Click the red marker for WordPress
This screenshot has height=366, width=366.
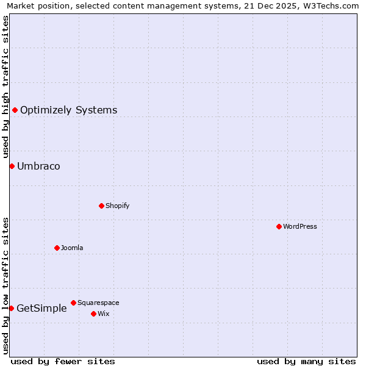click(x=279, y=226)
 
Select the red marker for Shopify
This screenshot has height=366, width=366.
click(x=101, y=206)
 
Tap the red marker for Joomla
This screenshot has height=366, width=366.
click(x=57, y=248)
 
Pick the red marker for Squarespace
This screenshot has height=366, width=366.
click(x=73, y=303)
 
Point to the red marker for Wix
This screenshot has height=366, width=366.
click(x=93, y=314)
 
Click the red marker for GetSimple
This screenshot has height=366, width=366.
click(x=11, y=308)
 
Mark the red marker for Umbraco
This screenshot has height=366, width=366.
click(x=12, y=166)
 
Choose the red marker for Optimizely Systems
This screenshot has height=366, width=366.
click(x=15, y=110)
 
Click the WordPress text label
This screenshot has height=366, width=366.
click(x=300, y=226)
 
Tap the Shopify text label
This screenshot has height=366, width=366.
click(x=118, y=206)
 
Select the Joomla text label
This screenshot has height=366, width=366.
click(x=72, y=248)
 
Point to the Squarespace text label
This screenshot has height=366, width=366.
click(x=98, y=303)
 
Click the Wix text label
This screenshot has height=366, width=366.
click(x=103, y=314)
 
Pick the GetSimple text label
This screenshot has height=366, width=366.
click(x=41, y=308)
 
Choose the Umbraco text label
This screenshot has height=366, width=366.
click(x=38, y=166)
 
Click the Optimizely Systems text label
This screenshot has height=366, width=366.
click(x=68, y=110)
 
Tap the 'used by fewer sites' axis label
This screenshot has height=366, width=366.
click(x=63, y=361)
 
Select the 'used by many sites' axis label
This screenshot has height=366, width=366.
click(x=306, y=361)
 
